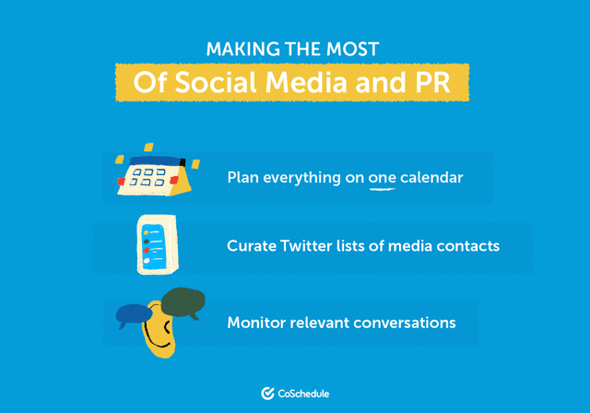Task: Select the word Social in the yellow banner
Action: [x=213, y=81]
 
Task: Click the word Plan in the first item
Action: [x=243, y=177]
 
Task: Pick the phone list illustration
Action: [x=156, y=245]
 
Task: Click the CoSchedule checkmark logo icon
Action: [x=267, y=394]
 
